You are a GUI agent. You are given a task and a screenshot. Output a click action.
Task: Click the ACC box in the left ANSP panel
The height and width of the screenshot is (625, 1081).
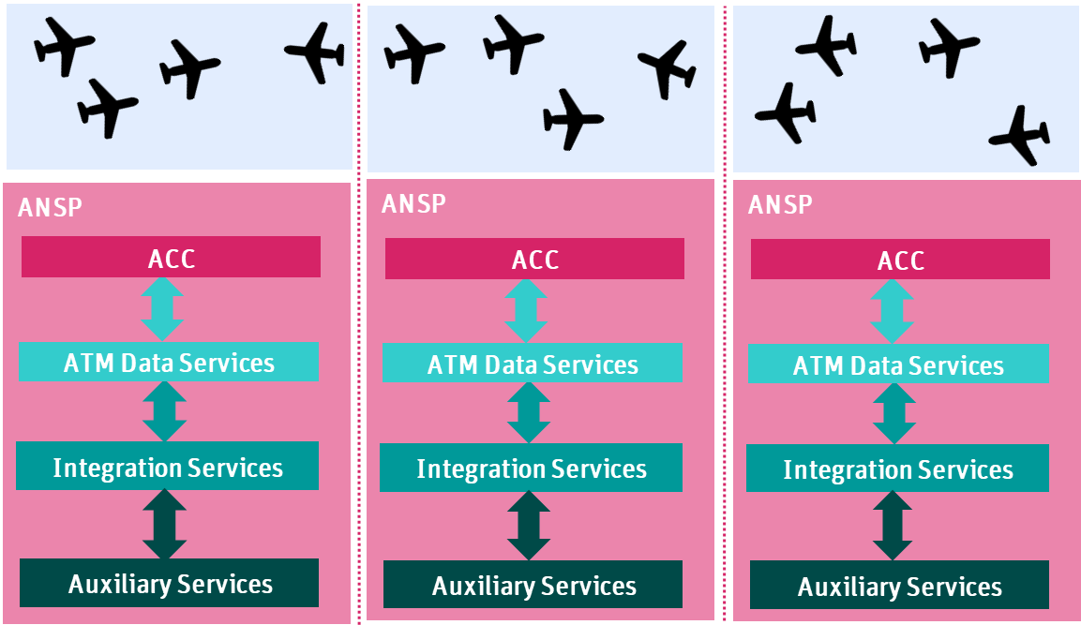point(171,257)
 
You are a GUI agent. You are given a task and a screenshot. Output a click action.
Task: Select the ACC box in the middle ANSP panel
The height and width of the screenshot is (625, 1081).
point(534,259)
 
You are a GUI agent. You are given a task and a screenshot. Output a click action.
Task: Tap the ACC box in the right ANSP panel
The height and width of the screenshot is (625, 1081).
point(900,260)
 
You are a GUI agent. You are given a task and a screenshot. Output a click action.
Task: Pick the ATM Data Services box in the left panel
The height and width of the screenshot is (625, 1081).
point(168,362)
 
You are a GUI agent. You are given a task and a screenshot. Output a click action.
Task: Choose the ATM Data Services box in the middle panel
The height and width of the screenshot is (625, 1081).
point(533,363)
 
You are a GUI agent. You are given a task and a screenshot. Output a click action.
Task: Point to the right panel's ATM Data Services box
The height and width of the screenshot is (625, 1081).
point(898,364)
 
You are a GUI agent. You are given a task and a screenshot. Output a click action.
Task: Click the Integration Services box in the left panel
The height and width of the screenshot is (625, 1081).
point(168,466)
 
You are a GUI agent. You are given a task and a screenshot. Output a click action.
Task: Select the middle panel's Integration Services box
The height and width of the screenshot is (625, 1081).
point(531,468)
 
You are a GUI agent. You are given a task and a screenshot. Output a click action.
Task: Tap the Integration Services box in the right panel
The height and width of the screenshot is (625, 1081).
point(897,468)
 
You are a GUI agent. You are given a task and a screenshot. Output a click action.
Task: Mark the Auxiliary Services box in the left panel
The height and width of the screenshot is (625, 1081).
point(169,583)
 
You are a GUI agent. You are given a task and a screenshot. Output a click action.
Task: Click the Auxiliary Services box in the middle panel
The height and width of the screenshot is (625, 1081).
point(533,585)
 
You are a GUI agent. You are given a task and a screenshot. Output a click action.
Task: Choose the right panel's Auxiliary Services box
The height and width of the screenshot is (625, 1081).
point(900,585)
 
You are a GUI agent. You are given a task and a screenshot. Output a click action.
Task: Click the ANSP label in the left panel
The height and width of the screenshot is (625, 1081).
point(50,207)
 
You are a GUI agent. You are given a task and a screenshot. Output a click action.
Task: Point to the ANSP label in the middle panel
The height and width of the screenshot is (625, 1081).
point(413,203)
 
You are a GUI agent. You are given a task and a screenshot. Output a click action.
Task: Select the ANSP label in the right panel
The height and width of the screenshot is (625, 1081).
point(780,204)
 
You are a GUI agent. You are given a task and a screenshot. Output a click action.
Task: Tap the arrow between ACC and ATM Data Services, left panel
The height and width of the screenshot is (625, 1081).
point(162,309)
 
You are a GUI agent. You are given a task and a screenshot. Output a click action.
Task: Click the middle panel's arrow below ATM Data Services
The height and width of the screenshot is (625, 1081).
point(528,412)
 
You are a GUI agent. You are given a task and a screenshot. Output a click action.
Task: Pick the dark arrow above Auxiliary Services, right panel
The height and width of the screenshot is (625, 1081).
point(893,526)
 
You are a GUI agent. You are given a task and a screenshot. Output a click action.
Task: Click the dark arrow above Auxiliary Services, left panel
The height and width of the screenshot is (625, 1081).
point(164,525)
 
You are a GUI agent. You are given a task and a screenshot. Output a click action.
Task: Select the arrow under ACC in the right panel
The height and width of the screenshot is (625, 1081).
point(893,311)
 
